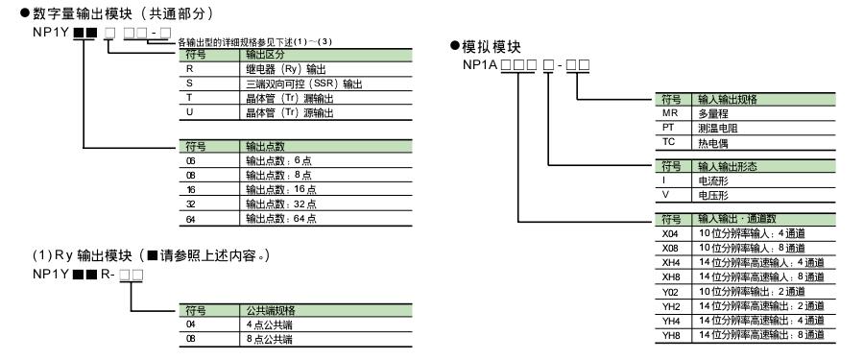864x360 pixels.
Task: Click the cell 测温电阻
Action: (718, 126)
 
